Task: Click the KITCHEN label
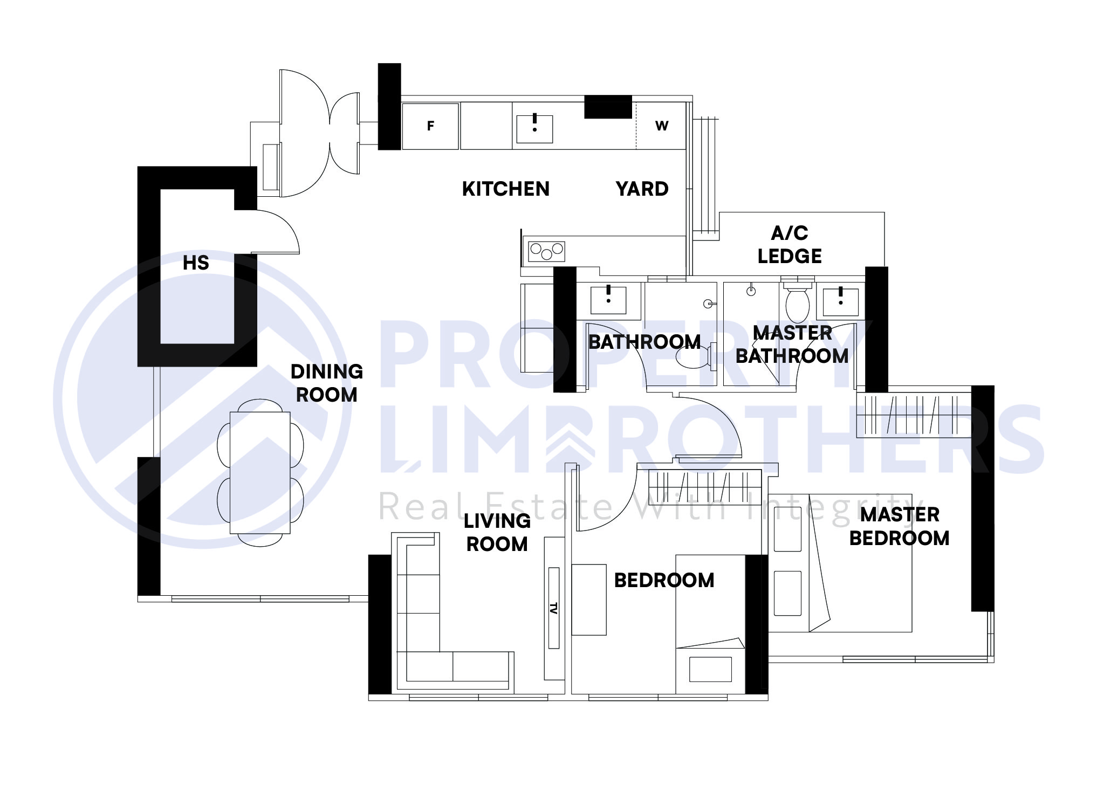[505, 189]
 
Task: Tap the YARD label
[642, 189]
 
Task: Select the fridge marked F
[430, 126]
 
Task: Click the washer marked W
[661, 126]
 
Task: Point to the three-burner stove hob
[546, 251]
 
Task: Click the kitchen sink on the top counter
[534, 129]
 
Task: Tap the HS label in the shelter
[195, 263]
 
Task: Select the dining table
[260, 472]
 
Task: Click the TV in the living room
[553, 608]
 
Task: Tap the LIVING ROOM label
[497, 533]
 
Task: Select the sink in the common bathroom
[608, 300]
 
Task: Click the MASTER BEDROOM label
[899, 526]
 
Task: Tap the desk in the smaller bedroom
[589, 600]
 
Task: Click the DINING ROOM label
[326, 383]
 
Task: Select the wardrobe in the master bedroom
[914, 416]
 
